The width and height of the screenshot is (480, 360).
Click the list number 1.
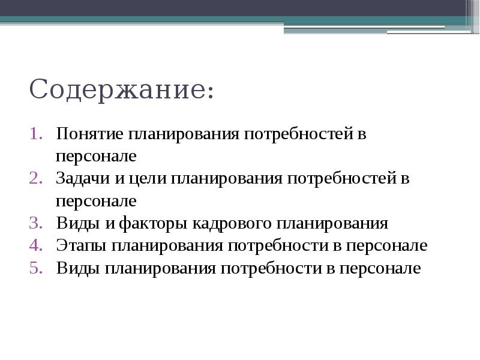pos(35,134)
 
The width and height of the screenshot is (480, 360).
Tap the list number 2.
pos(35,179)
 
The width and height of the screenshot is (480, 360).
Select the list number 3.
pos(35,224)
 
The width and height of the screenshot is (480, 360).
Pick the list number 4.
pos(35,246)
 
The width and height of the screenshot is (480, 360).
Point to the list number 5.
pos(35,268)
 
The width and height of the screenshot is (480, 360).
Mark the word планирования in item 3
pos(332,224)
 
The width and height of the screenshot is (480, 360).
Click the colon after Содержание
pos(209,94)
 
